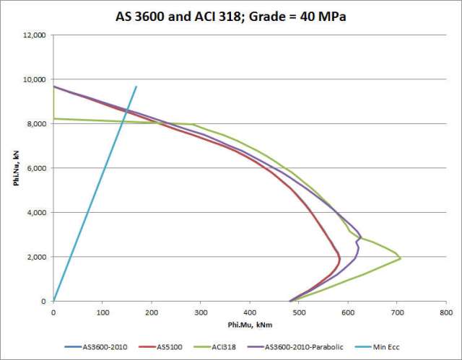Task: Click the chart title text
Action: click(x=231, y=16)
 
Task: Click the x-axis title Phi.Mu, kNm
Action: click(x=249, y=326)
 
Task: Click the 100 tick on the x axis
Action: click(x=102, y=312)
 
